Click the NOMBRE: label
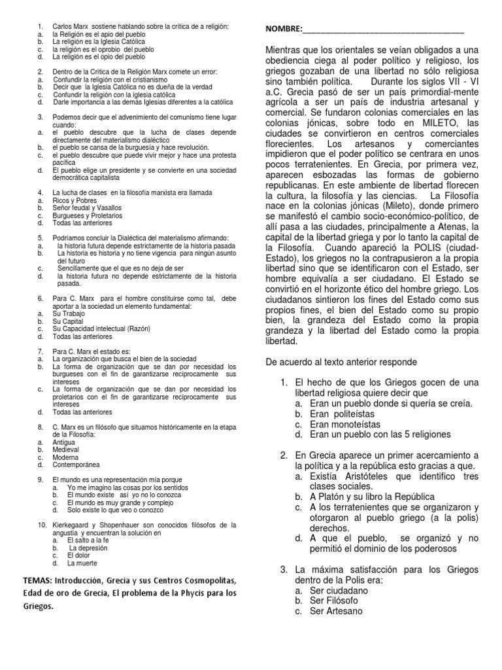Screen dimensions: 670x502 [x=284, y=29]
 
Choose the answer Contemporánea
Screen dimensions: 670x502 [x=76, y=464]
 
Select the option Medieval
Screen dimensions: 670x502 [x=66, y=450]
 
